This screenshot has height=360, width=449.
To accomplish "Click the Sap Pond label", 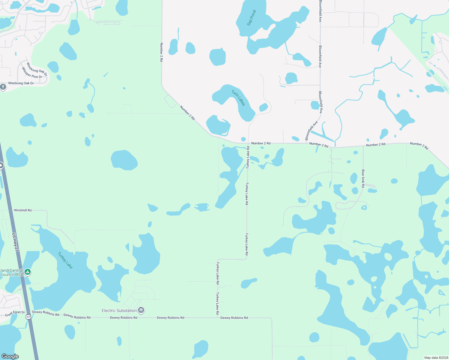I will tap(252, 18).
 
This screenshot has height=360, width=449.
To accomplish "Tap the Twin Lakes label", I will tap(238, 98).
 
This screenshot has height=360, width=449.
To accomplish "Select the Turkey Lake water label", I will tap(65, 260).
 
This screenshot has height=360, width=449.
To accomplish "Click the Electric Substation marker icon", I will tap(141, 310).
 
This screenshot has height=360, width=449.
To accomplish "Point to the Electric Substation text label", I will tap(119, 310).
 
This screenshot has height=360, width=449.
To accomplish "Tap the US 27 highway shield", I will tap(29, 316).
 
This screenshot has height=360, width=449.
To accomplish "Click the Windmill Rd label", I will tap(23, 210).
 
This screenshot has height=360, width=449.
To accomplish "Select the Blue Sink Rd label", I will tap(363, 178).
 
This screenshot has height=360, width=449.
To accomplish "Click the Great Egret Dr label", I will tap(15, 313).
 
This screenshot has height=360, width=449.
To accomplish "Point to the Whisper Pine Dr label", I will tap(32, 73).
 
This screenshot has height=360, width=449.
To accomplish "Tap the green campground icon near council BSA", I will tap(28, 272).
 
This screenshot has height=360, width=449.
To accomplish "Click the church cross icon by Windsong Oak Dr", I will tap(3, 87).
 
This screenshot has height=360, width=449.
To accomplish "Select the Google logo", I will tap(10, 356).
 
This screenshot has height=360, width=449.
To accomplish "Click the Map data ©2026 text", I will tap(436, 357).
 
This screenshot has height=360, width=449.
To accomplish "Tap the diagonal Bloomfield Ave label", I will tap(311, 131).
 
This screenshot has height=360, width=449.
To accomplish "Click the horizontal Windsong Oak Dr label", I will tap(21, 83).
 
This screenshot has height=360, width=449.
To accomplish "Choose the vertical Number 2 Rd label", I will tap(161, 52).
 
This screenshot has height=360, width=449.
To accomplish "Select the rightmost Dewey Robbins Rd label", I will tap(234, 318).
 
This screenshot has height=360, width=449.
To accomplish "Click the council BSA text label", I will tap(12, 274).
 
